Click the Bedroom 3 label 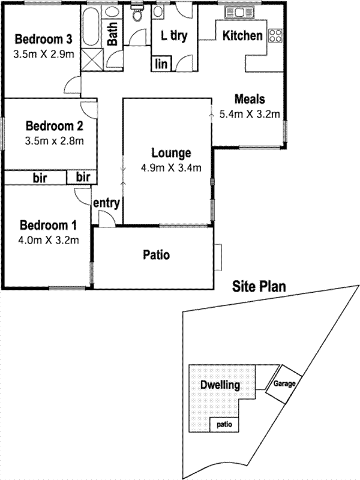point(44,40)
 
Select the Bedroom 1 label point(49,226)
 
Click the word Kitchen point(242,35)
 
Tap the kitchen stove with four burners point(275,35)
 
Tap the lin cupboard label point(161,64)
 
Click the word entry point(107,203)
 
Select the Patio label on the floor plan point(156,255)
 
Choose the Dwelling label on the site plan point(220,385)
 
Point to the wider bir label point(40,178)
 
